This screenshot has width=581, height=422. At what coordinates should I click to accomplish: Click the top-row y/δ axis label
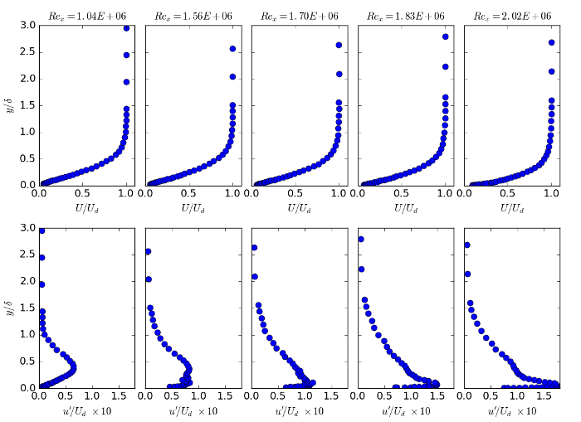(x=9, y=105)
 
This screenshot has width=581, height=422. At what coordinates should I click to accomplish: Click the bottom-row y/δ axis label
(x=9, y=308)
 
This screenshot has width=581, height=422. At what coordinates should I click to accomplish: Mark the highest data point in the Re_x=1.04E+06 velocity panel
(x=126, y=28)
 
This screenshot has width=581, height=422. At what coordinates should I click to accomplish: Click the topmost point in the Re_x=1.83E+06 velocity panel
(x=446, y=36)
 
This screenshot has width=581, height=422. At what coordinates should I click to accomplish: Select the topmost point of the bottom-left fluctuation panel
(x=41, y=230)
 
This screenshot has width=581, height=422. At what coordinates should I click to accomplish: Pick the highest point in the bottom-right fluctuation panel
(x=467, y=245)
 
